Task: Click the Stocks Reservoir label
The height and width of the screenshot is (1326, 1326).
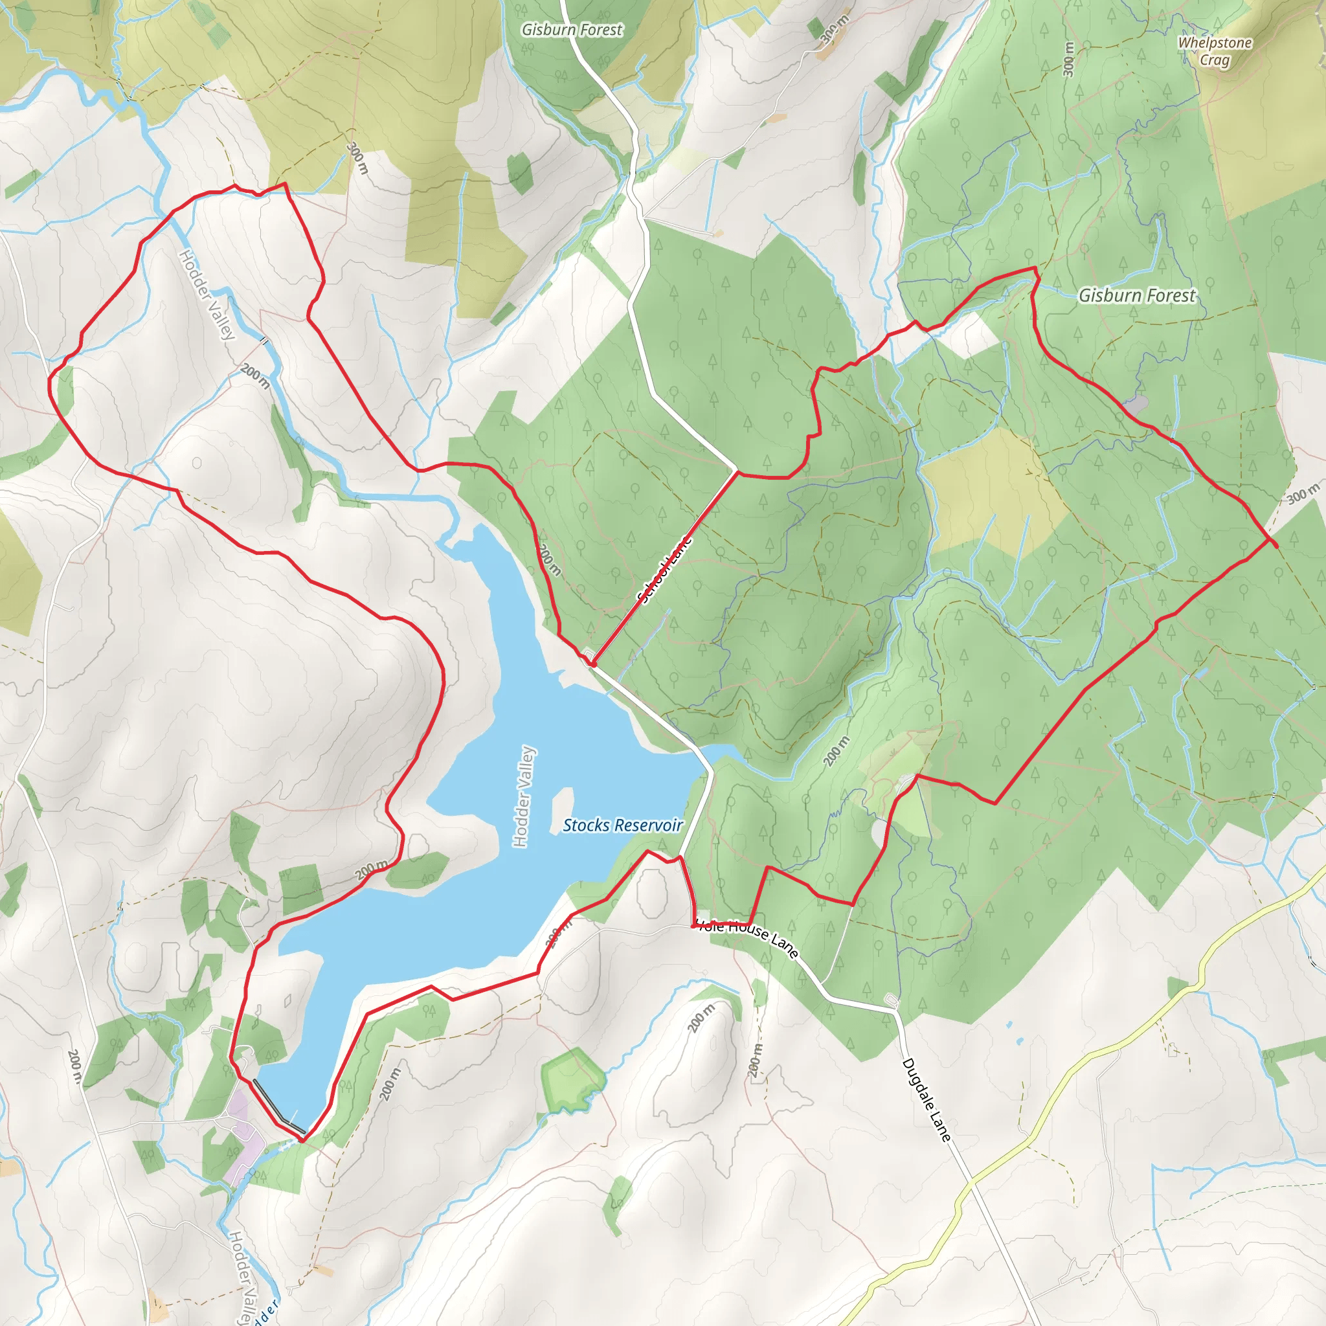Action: (x=622, y=825)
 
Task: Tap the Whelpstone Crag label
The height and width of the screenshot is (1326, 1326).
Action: (x=1215, y=51)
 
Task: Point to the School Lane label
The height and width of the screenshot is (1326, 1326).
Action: (x=664, y=570)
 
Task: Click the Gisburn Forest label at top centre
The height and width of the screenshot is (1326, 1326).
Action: (x=572, y=30)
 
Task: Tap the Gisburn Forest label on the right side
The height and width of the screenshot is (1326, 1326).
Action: (x=1136, y=295)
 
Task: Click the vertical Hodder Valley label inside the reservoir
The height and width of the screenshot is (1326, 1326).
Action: (x=524, y=796)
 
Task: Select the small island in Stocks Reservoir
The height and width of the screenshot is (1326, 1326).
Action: (x=562, y=810)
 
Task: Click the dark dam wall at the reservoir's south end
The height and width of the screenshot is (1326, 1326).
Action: (x=278, y=1106)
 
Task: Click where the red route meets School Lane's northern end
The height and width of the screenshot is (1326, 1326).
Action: (x=736, y=471)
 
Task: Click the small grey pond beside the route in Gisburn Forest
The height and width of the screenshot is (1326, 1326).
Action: (x=1136, y=403)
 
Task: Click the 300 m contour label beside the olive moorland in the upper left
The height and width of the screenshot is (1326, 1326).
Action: (x=357, y=158)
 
